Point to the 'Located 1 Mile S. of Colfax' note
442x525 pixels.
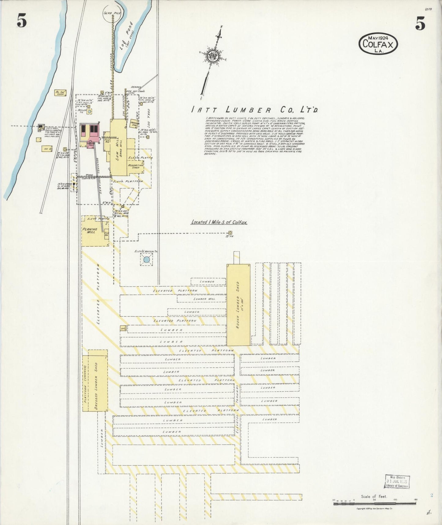tap(219, 222)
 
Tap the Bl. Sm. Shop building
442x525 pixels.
tap(60, 93)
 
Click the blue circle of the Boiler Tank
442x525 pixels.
tap(89, 111)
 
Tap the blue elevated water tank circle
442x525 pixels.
tap(146, 260)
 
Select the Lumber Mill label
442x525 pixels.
tap(204, 299)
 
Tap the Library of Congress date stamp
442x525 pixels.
tap(396, 482)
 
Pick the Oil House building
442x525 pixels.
tap(47, 149)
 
